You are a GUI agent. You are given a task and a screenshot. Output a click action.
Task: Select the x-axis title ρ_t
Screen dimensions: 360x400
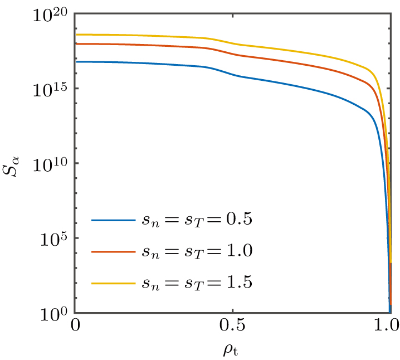[233, 349]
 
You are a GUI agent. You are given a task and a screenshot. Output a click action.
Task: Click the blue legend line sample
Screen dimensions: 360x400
[114, 220]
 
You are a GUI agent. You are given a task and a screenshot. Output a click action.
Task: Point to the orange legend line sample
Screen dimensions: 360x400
[114, 251]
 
